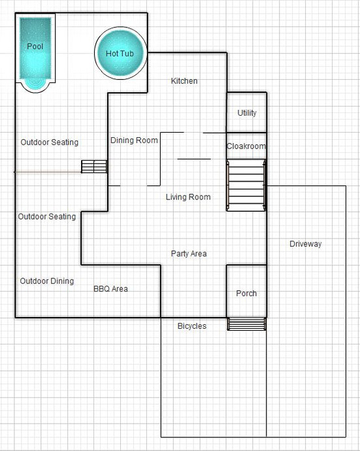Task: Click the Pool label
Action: [35, 46]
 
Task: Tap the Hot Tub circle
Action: [120, 53]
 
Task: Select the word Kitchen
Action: [184, 81]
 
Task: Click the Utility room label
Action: [247, 112]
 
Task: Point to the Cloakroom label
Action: [246, 146]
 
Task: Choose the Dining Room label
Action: [134, 141]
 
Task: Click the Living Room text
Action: [188, 197]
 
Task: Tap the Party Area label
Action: [189, 254]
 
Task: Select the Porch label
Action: [246, 293]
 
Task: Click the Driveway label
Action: [305, 244]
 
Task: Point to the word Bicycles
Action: [192, 326]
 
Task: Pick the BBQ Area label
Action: [110, 289]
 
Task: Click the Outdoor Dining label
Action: [46, 281]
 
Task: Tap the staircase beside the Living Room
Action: [246, 185]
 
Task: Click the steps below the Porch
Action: [246, 324]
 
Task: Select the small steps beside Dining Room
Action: [94, 167]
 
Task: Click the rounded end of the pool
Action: [35, 86]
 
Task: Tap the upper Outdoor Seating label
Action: [50, 142]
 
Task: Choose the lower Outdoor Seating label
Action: [47, 216]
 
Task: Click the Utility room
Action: [247, 112]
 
